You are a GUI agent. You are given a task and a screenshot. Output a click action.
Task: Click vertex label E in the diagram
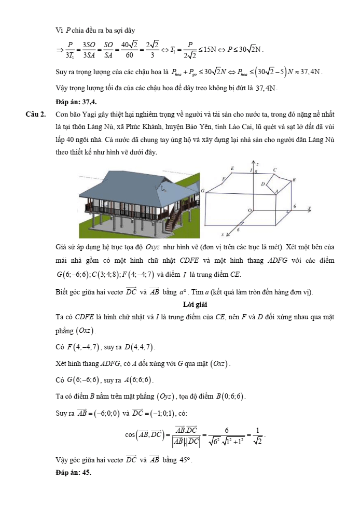232,169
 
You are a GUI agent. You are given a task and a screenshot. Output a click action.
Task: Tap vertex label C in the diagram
274,169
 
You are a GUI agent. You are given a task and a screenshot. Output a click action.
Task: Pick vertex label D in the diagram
262,183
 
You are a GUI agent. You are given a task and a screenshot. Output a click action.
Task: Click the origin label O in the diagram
249,210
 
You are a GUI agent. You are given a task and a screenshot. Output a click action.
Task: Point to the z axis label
258,163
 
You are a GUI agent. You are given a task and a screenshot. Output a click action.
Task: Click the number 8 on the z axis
255,171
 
